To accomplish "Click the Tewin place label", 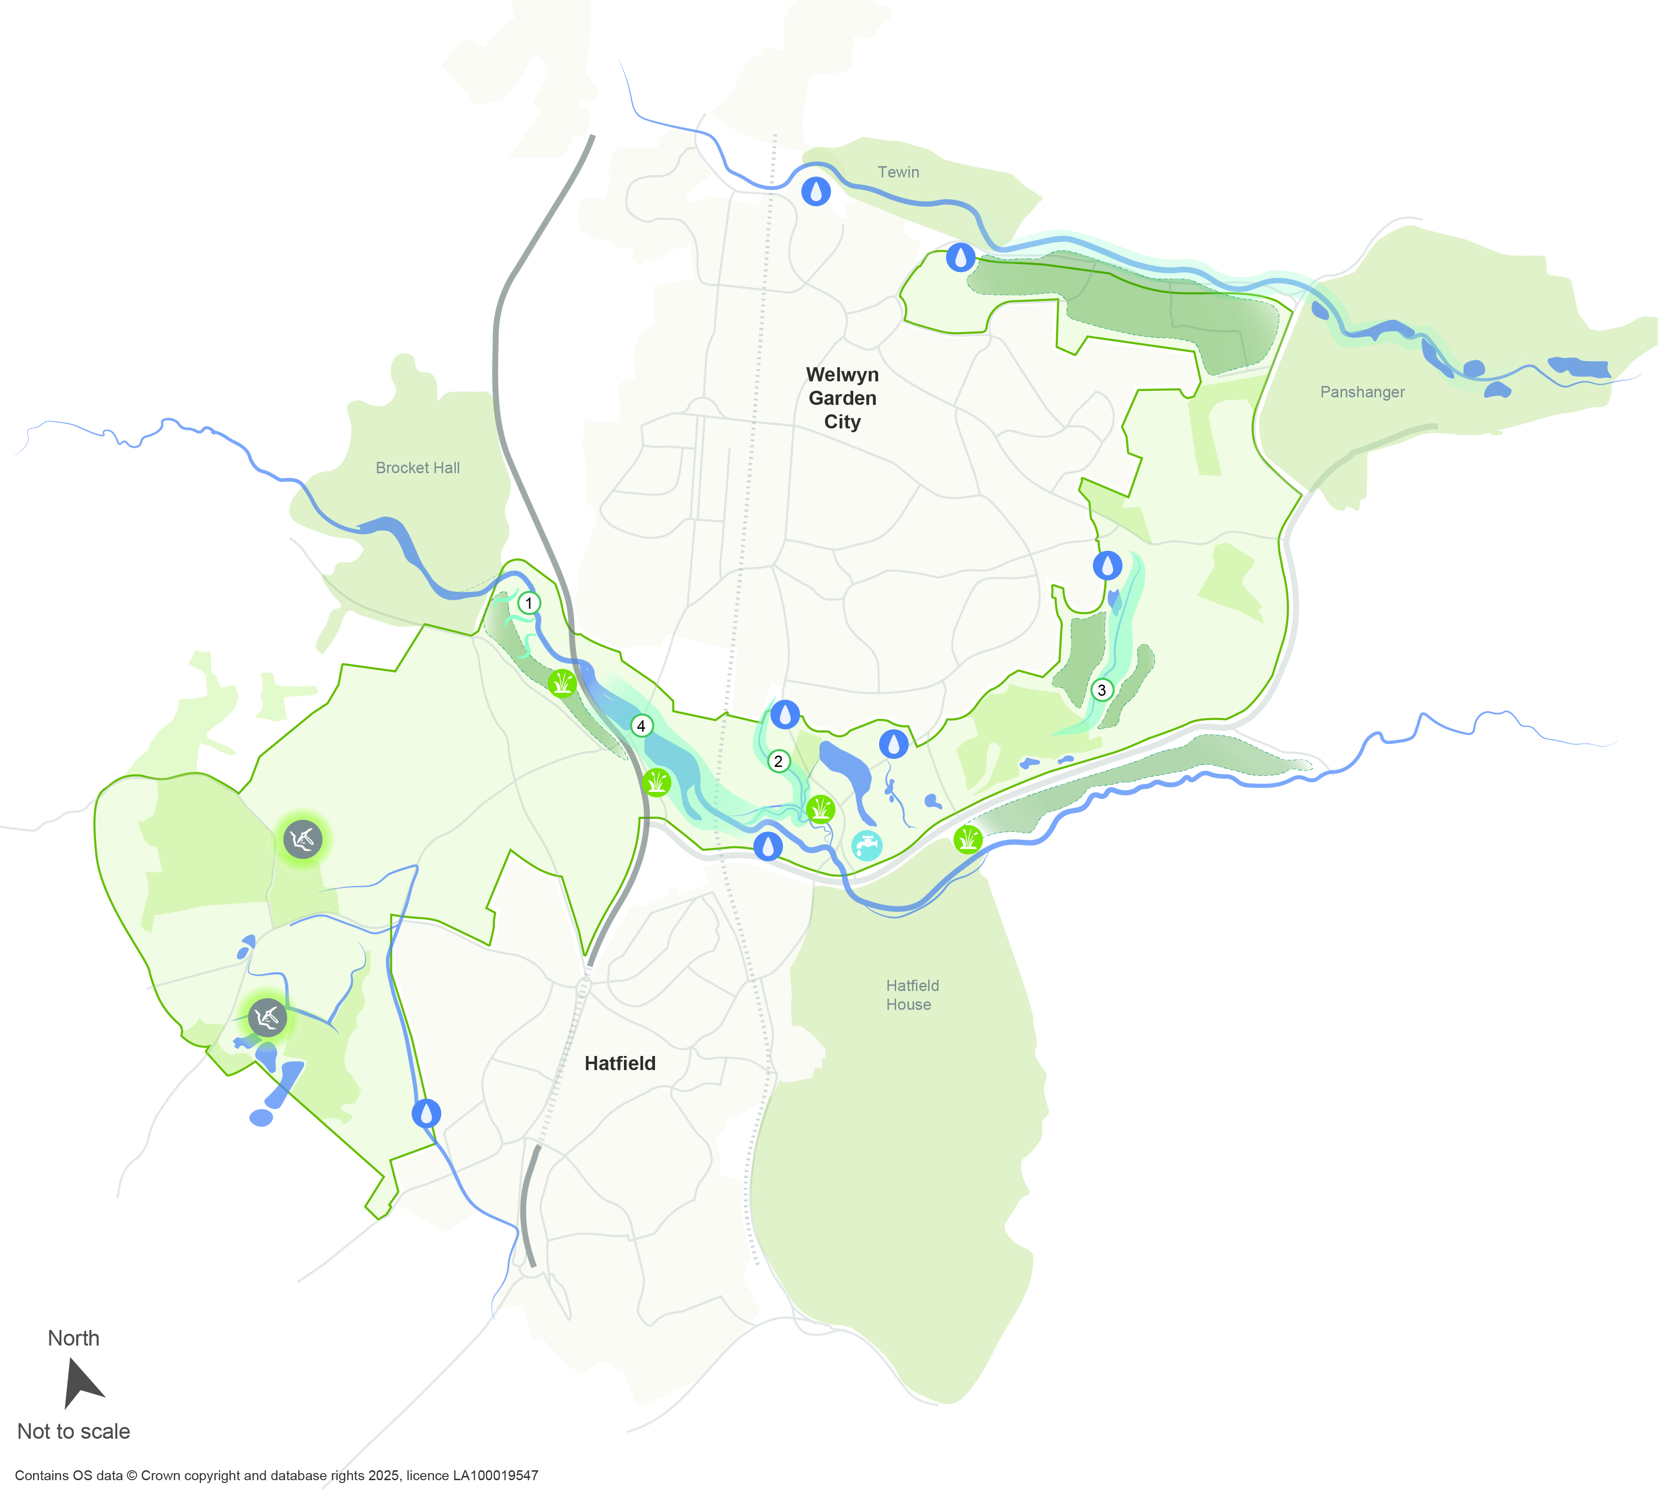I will point(898,172).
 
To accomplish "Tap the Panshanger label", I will point(1362,392).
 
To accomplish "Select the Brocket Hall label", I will point(418,468).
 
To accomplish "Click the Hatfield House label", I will point(911,995).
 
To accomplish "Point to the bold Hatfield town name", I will point(620,1063).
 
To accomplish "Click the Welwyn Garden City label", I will point(842,398).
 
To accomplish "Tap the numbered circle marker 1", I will point(529,603).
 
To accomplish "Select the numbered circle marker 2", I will point(778,761).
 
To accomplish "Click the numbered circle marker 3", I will point(1101,690).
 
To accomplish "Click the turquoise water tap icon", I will point(867,845).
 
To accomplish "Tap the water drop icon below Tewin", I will point(816,192).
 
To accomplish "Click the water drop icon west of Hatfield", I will point(426,1113).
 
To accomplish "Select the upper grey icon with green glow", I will point(303,839).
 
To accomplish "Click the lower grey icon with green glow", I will point(267,1018).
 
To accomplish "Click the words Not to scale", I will point(74,1432).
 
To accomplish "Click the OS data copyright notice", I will point(276,1475).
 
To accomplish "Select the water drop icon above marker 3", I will point(1107,566).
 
